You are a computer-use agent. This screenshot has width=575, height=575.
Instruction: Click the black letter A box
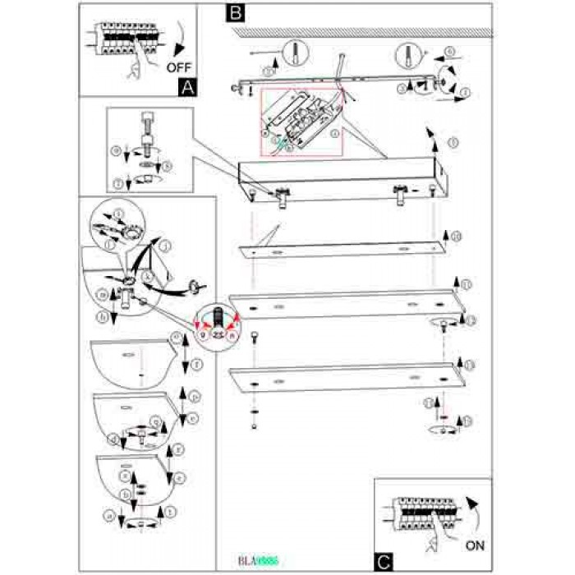[187, 84]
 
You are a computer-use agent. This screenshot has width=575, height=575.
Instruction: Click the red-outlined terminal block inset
[301, 122]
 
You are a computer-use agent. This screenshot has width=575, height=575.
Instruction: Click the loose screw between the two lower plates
[255, 336]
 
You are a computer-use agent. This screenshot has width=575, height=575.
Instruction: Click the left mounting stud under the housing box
[280, 197]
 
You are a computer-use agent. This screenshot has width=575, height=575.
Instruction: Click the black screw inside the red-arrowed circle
[218, 316]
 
